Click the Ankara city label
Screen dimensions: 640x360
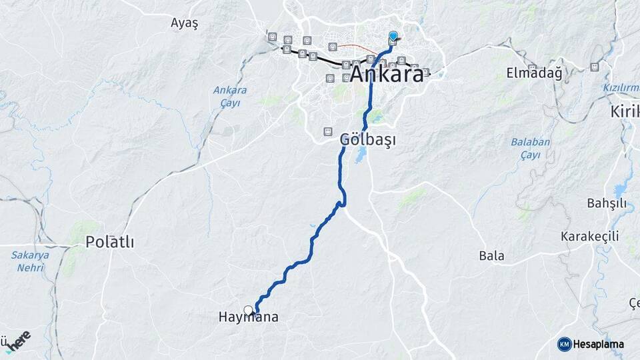click(387, 74)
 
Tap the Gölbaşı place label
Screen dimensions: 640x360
click(367, 140)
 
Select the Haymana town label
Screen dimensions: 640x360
click(248, 318)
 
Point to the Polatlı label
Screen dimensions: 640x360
click(109, 243)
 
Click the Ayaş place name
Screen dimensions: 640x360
click(184, 23)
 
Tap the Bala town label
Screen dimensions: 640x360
click(491, 255)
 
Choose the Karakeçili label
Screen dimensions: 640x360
click(589, 236)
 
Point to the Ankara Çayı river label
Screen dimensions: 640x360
click(230, 96)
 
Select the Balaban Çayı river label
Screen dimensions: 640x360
click(530, 148)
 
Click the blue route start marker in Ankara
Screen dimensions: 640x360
click(393, 35)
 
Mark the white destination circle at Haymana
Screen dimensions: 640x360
click(249, 310)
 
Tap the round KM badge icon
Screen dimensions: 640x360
click(565, 344)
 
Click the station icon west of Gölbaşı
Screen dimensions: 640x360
click(327, 131)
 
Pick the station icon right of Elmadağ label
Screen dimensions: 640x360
click(594, 67)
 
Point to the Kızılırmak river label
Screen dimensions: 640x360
click(621, 88)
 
